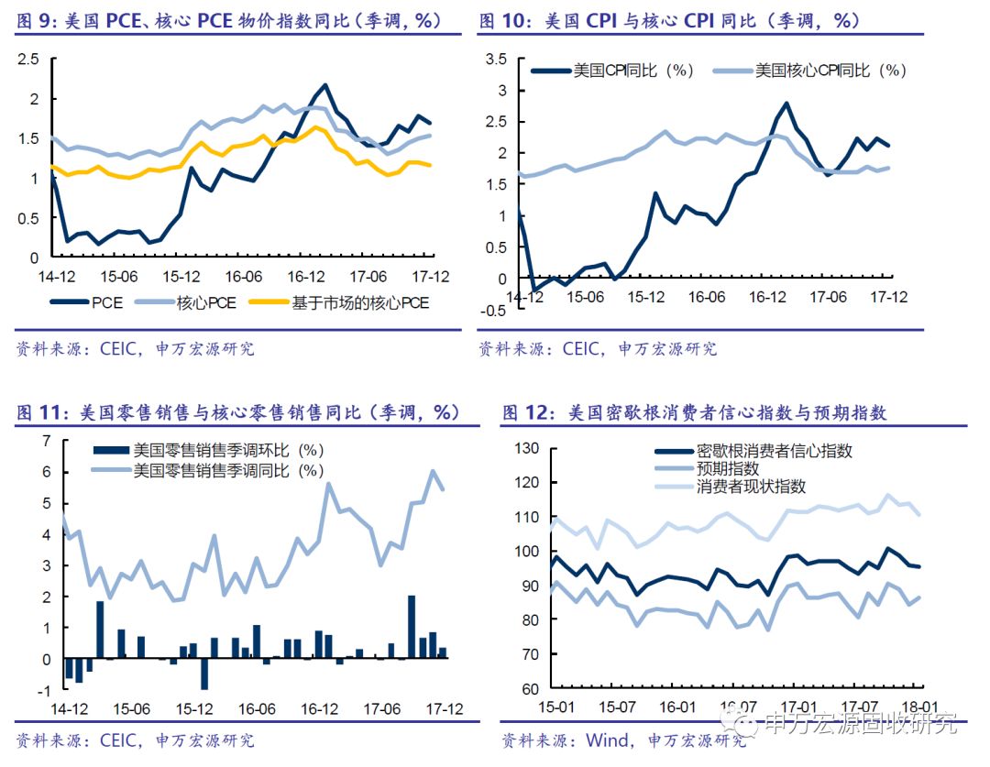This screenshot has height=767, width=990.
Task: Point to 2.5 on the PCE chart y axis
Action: tap(28, 60)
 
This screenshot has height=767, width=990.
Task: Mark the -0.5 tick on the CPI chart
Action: tap(494, 310)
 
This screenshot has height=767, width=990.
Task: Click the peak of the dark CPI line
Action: tap(786, 104)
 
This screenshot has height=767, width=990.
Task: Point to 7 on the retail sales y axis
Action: tap(48, 442)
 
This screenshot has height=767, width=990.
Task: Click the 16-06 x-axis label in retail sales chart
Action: tap(257, 708)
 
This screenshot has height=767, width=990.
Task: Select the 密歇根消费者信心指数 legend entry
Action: tap(774, 451)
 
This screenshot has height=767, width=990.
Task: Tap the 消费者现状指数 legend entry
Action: tap(751, 486)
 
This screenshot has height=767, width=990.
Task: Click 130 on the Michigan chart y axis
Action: tap(525, 448)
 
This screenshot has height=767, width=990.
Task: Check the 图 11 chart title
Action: tap(236, 412)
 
